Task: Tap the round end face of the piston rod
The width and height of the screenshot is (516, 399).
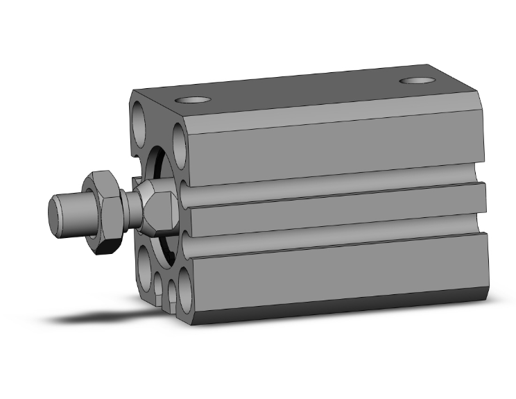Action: pos(55,215)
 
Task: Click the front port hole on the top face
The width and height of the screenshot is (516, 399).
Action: pos(195,99)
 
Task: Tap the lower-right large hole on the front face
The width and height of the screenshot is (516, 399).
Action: pos(185,289)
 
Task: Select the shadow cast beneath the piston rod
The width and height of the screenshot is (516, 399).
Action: pos(90,318)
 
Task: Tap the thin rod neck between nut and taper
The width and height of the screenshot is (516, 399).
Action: pos(129,204)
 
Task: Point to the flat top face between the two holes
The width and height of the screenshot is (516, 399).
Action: pos(305,89)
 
